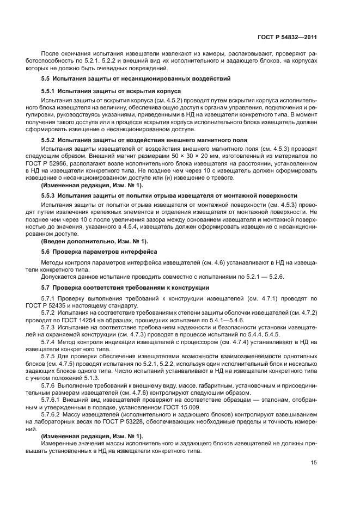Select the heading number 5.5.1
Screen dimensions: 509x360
tap(48, 91)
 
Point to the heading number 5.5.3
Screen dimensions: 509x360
tap(48, 195)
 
